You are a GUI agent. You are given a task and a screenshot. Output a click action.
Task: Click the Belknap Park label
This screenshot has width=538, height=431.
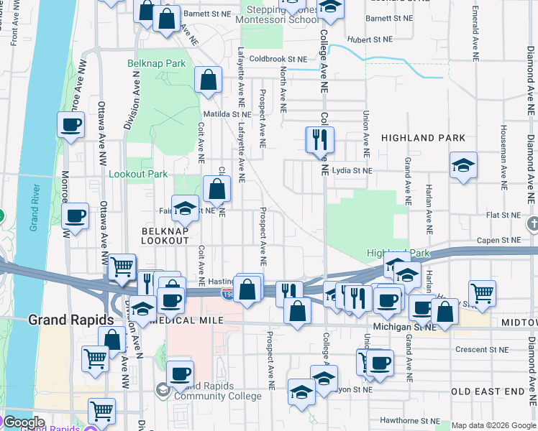point(157,64)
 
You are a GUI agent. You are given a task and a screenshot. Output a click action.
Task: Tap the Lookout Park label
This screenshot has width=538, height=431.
point(138,175)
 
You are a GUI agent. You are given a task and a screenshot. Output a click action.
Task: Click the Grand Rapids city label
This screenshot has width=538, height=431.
point(70,320)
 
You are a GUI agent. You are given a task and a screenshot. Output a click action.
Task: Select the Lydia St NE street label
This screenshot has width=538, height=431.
point(353,171)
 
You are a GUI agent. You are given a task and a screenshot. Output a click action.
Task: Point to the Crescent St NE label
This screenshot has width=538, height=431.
point(482,350)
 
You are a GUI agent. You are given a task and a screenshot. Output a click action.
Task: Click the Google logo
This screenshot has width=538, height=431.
point(23,422)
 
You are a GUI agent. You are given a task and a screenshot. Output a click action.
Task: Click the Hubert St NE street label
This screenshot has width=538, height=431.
point(368,40)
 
